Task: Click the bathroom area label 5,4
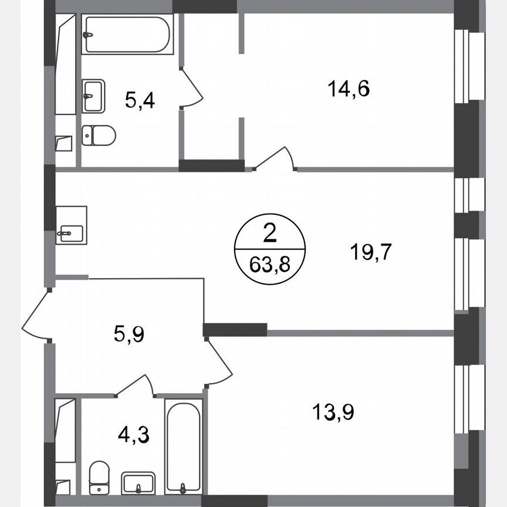coord(140,100)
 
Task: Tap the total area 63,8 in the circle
coord(269,265)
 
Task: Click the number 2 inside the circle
coord(269,235)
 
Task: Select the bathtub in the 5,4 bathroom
coord(127,35)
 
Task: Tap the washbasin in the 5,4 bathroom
coord(93,96)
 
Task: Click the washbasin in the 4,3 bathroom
coord(138,483)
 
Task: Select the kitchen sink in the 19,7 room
coord(71,225)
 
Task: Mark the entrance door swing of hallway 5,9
coord(36,314)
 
